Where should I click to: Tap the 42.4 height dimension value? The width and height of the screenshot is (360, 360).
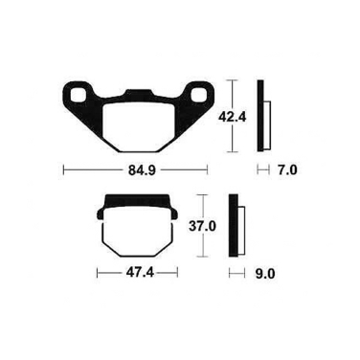[232, 117]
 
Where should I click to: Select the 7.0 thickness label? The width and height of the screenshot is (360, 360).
[286, 170]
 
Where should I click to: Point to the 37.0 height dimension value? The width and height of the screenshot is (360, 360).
[203, 227]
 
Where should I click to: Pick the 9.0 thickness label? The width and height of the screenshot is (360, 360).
[265, 274]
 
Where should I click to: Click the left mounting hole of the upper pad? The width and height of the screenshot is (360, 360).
[78, 95]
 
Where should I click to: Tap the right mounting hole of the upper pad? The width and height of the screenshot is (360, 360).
[198, 95]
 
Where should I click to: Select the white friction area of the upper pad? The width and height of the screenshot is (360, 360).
[139, 127]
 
